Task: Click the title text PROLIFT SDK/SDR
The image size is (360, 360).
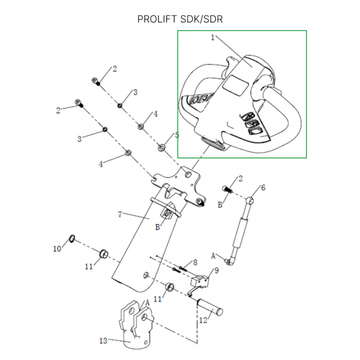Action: (179, 19)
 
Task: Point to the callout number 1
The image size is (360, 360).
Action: (212, 37)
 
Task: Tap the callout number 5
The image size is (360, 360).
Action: (176, 135)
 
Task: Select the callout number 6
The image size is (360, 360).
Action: (263, 187)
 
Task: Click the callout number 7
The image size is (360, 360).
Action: (119, 214)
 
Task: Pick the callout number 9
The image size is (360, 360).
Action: (216, 270)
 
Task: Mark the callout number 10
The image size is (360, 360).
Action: (57, 248)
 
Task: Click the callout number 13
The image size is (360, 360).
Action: (103, 341)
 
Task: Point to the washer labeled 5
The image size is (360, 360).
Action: (162, 147)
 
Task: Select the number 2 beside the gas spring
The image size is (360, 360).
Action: (240, 178)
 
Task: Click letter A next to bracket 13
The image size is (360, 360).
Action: (147, 303)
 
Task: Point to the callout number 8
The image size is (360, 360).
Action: (195, 262)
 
